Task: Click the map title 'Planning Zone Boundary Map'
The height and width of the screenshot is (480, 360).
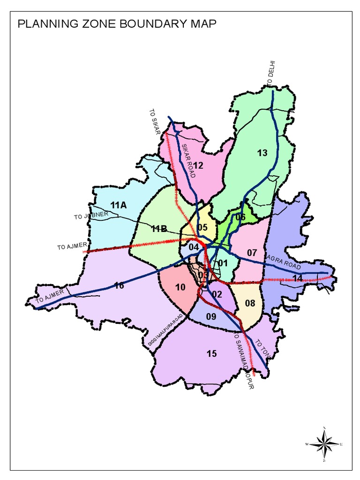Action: coord(117,24)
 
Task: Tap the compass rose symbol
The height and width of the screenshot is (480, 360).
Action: coord(324,443)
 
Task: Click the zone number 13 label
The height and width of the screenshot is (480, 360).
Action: coord(262,152)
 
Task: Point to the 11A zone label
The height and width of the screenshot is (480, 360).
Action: coord(119,205)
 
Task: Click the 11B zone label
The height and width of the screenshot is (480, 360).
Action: coord(159,228)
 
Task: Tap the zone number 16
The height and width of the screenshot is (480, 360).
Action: coord(119,285)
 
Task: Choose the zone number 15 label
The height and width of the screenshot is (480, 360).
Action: coord(212,353)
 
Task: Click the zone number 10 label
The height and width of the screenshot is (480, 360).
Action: coord(180,287)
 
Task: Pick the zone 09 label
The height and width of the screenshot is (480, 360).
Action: coord(211,317)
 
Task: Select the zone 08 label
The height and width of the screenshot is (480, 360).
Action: coord(250,303)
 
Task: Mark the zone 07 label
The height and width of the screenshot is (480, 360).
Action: coord(252,253)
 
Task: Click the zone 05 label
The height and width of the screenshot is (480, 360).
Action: coord(202,228)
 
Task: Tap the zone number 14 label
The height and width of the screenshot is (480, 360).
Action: coord(297,278)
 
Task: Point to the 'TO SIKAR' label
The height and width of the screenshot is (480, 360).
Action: coord(155,121)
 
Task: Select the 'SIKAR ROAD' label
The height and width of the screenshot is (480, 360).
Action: coord(187,160)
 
